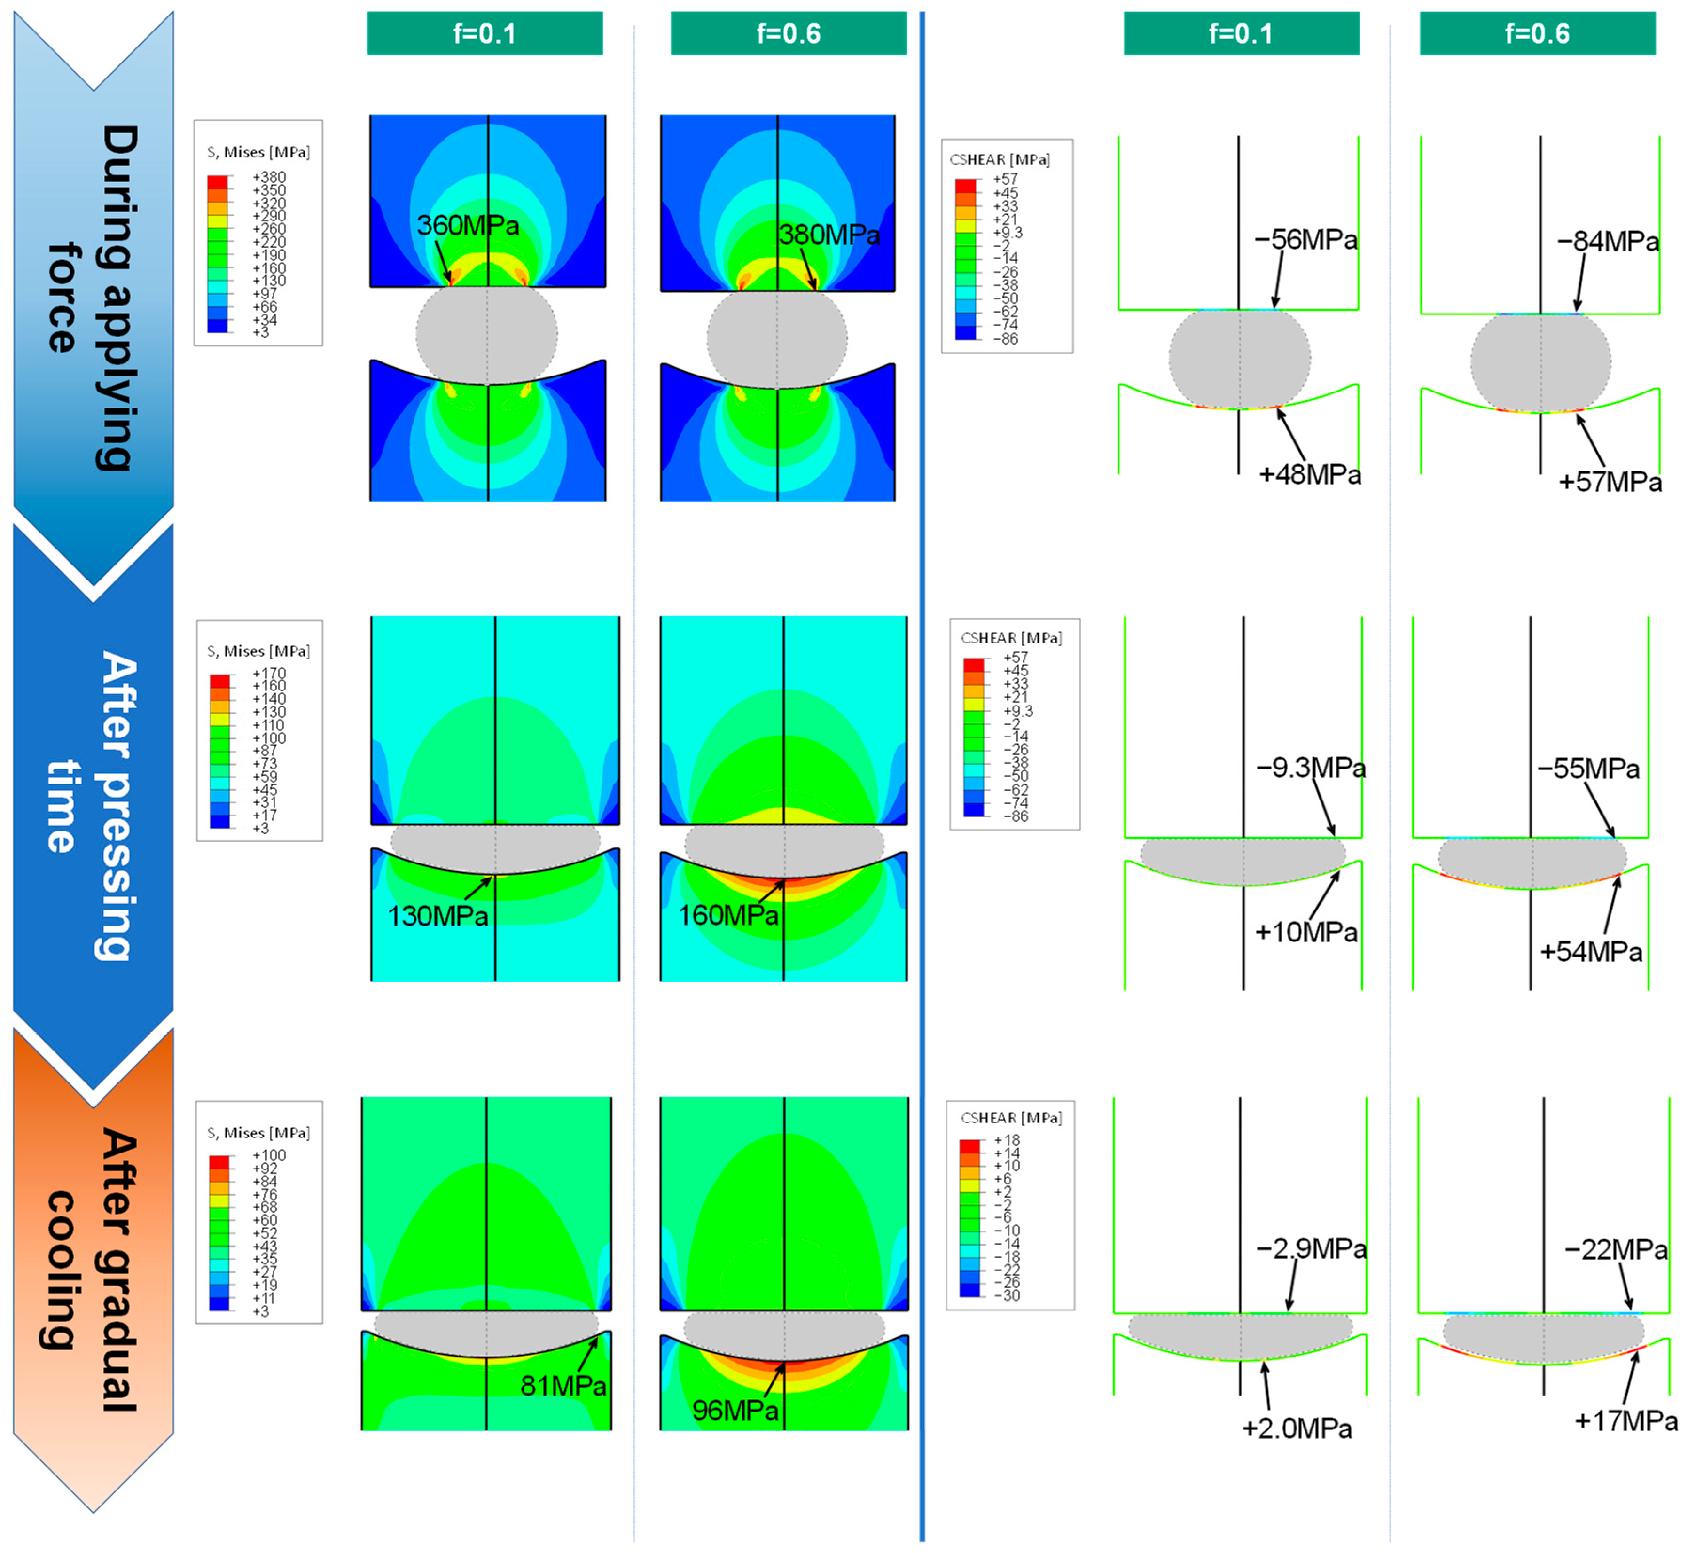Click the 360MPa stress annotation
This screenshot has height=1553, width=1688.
pyautogui.click(x=468, y=225)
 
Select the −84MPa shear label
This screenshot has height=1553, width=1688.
pyautogui.click(x=1607, y=242)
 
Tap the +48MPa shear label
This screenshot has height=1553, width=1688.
pyautogui.click(x=1309, y=475)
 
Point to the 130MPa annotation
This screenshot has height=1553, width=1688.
pyautogui.click(x=438, y=915)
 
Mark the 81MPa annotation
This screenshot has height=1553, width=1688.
pyautogui.click(x=563, y=1386)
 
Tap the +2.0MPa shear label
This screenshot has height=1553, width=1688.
pyautogui.click(x=1297, y=1428)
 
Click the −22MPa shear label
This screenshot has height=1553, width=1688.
pyautogui.click(x=1615, y=1250)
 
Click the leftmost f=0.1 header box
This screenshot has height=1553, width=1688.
pyautogui.click(x=485, y=34)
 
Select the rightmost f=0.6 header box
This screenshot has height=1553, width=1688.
pyautogui.click(x=1537, y=34)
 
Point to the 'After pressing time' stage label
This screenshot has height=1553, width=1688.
pyautogui.click(x=93, y=807)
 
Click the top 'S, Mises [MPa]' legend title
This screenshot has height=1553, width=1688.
pyautogui.click(x=258, y=152)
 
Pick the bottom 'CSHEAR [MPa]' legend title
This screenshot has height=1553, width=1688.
pyautogui.click(x=1011, y=1118)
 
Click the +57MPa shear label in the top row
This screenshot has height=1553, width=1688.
pyautogui.click(x=1610, y=482)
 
